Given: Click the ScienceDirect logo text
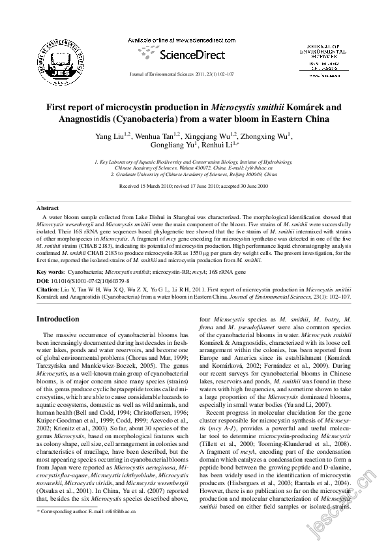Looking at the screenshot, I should [194, 55].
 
